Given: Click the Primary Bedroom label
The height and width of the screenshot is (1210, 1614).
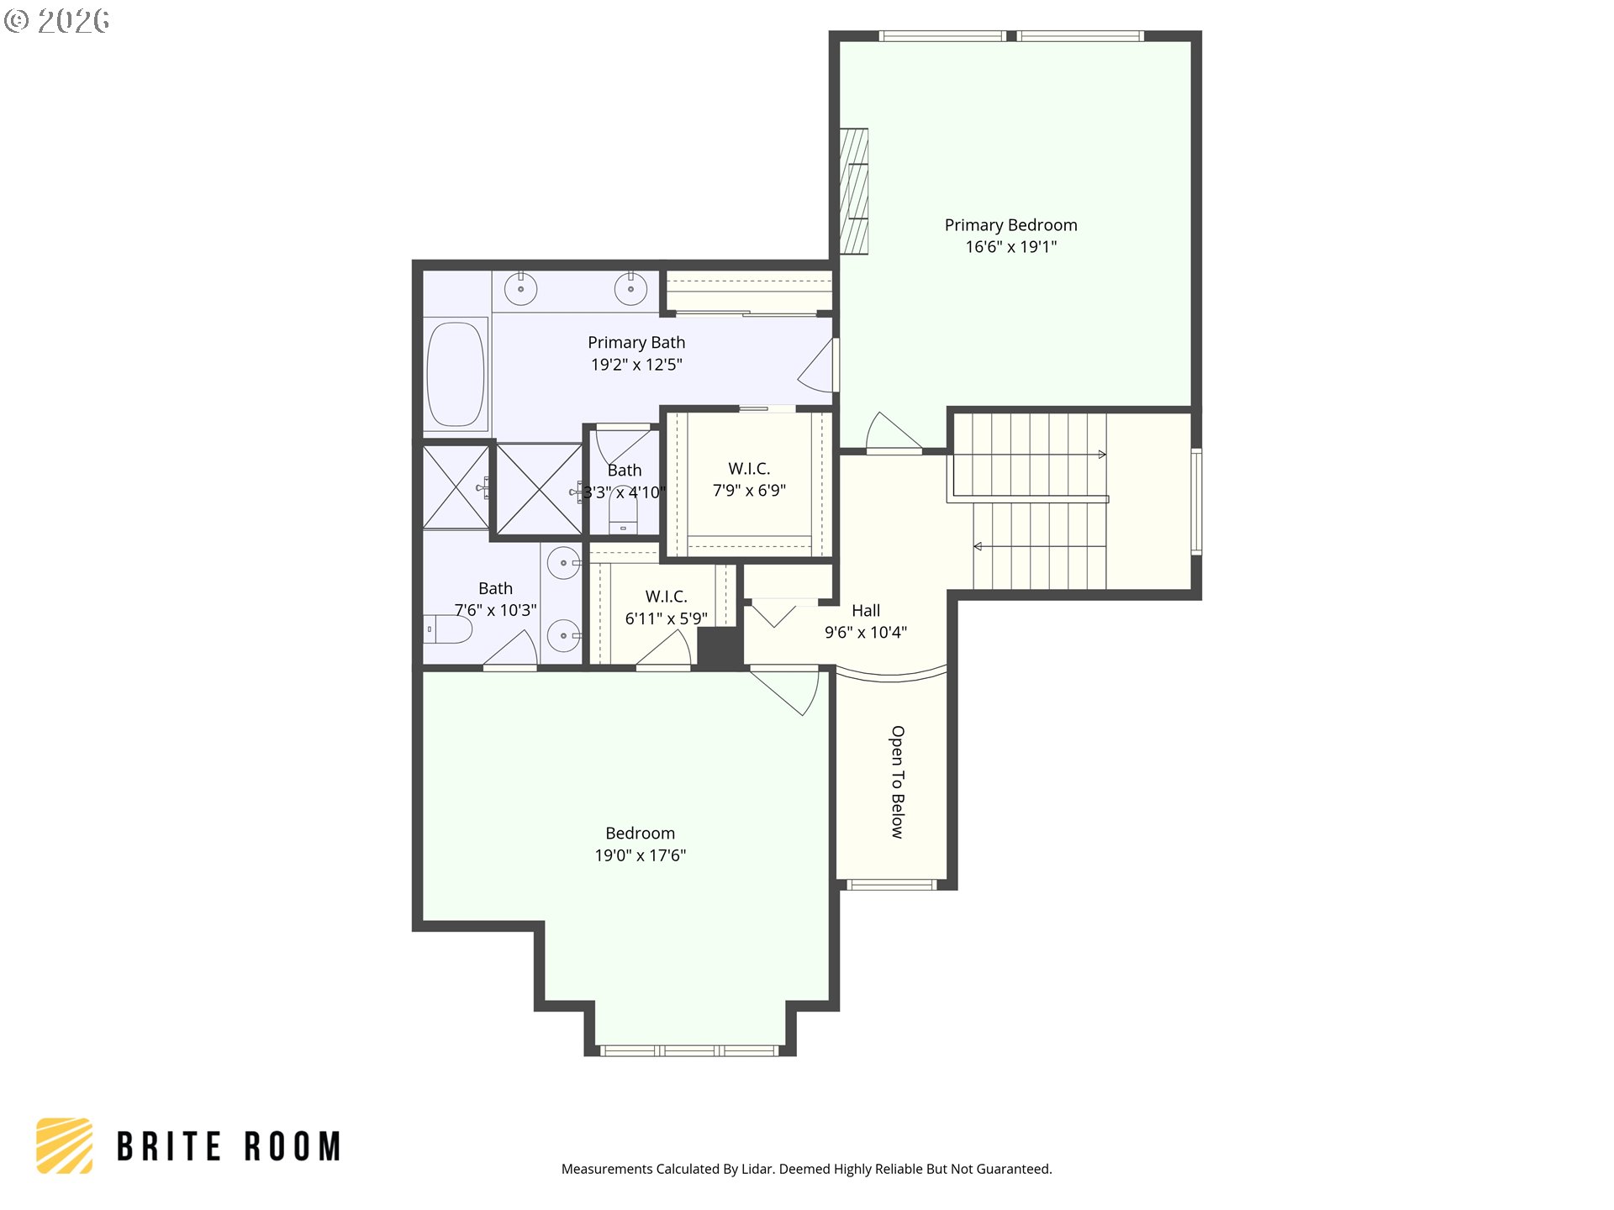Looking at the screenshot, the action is point(1010,225).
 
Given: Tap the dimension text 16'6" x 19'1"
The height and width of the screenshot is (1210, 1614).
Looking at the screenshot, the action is point(1010,247).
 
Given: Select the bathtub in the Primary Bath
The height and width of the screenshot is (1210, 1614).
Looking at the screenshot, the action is point(456,375).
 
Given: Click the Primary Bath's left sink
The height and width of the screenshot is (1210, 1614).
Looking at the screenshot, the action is point(521,289).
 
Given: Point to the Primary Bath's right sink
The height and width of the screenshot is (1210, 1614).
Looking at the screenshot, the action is point(630,289).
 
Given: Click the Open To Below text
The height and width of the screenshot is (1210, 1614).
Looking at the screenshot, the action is point(898,782).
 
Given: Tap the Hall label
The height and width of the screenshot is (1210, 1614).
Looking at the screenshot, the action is point(866,611).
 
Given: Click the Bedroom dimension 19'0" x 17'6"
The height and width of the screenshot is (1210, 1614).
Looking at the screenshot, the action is point(641,855).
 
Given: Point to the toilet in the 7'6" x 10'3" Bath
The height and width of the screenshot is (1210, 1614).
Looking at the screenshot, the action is point(448,629).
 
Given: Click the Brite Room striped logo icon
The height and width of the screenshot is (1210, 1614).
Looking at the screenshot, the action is point(65,1145).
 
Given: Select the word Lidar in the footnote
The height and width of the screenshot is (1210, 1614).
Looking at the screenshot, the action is point(757,1169).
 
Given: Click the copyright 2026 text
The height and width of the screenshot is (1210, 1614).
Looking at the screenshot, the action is point(57,20).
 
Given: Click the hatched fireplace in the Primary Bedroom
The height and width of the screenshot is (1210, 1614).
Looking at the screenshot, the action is point(854,191).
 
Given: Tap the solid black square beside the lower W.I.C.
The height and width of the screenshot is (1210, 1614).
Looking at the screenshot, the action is point(720,647).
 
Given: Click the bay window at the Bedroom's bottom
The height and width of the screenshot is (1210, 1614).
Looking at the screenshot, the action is point(689,1050).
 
